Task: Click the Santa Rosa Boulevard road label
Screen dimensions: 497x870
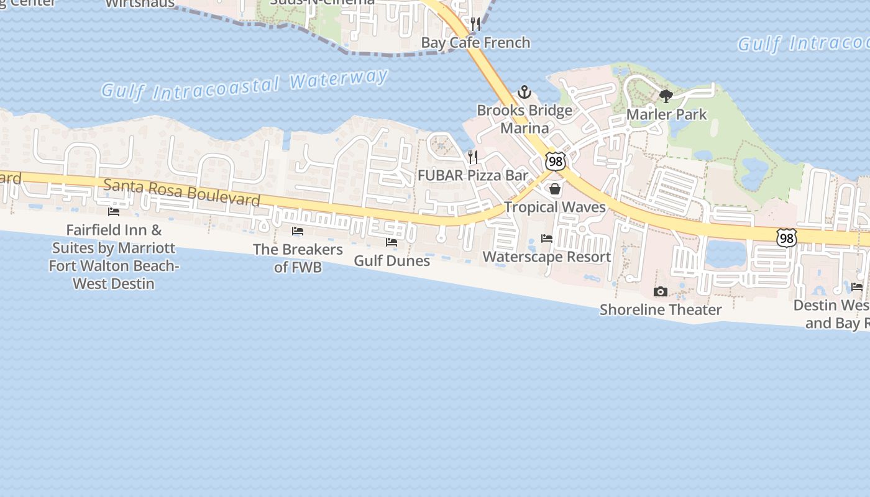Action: click(181, 192)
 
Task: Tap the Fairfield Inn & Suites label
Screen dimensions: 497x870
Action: click(114, 257)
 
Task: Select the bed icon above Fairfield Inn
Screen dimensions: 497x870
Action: click(114, 211)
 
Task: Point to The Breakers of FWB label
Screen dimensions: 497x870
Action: click(298, 258)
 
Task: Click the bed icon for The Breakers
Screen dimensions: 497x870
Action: click(298, 231)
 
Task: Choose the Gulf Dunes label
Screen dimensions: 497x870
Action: click(391, 260)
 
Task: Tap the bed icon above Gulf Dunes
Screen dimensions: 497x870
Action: click(391, 242)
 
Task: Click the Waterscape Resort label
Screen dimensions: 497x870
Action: click(547, 257)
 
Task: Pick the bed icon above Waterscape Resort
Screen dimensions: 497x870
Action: click(547, 239)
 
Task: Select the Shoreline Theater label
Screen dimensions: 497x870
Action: click(661, 309)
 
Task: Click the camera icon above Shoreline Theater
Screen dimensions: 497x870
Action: click(661, 291)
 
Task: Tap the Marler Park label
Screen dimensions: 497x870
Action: click(666, 114)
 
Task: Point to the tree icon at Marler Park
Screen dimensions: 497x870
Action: click(666, 96)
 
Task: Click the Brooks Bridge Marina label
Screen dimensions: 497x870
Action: click(524, 119)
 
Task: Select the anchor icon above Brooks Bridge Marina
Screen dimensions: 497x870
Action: click(524, 93)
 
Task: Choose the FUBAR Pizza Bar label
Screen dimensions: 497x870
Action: click(472, 175)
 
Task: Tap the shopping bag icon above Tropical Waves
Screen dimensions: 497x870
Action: click(555, 189)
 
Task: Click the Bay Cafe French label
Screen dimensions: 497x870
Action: click(475, 42)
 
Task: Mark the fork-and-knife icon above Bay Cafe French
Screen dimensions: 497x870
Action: click(475, 24)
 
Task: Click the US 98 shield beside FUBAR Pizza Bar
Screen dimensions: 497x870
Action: click(556, 162)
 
